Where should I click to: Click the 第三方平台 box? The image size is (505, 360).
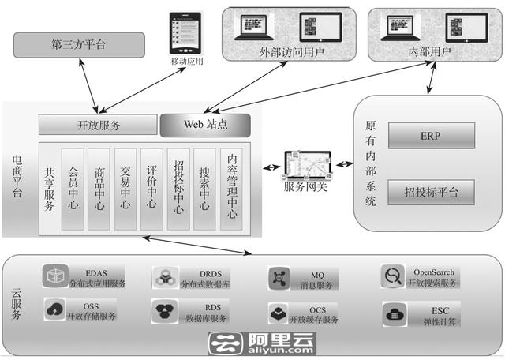coord(78,44)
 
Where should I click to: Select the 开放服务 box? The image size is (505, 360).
coord(99,125)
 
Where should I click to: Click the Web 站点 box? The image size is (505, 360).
coord(205,125)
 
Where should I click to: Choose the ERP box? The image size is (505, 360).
coord(430,136)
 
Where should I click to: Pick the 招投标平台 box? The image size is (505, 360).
coord(430,192)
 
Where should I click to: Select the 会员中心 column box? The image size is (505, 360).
coord(73,188)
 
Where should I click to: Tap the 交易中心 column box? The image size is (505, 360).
coord(125,188)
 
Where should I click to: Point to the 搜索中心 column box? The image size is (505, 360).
coord(204,188)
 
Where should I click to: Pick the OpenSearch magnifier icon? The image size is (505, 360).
coord(392,276)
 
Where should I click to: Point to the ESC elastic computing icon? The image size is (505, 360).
coord(392,314)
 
